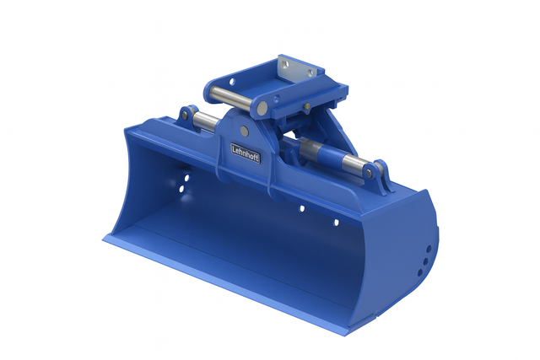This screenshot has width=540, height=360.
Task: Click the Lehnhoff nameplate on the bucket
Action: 246,153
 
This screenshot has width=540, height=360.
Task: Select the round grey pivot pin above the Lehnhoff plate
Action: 244,132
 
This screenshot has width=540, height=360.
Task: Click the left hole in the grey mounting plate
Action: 284,64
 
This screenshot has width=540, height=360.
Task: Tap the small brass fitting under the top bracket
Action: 307,106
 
